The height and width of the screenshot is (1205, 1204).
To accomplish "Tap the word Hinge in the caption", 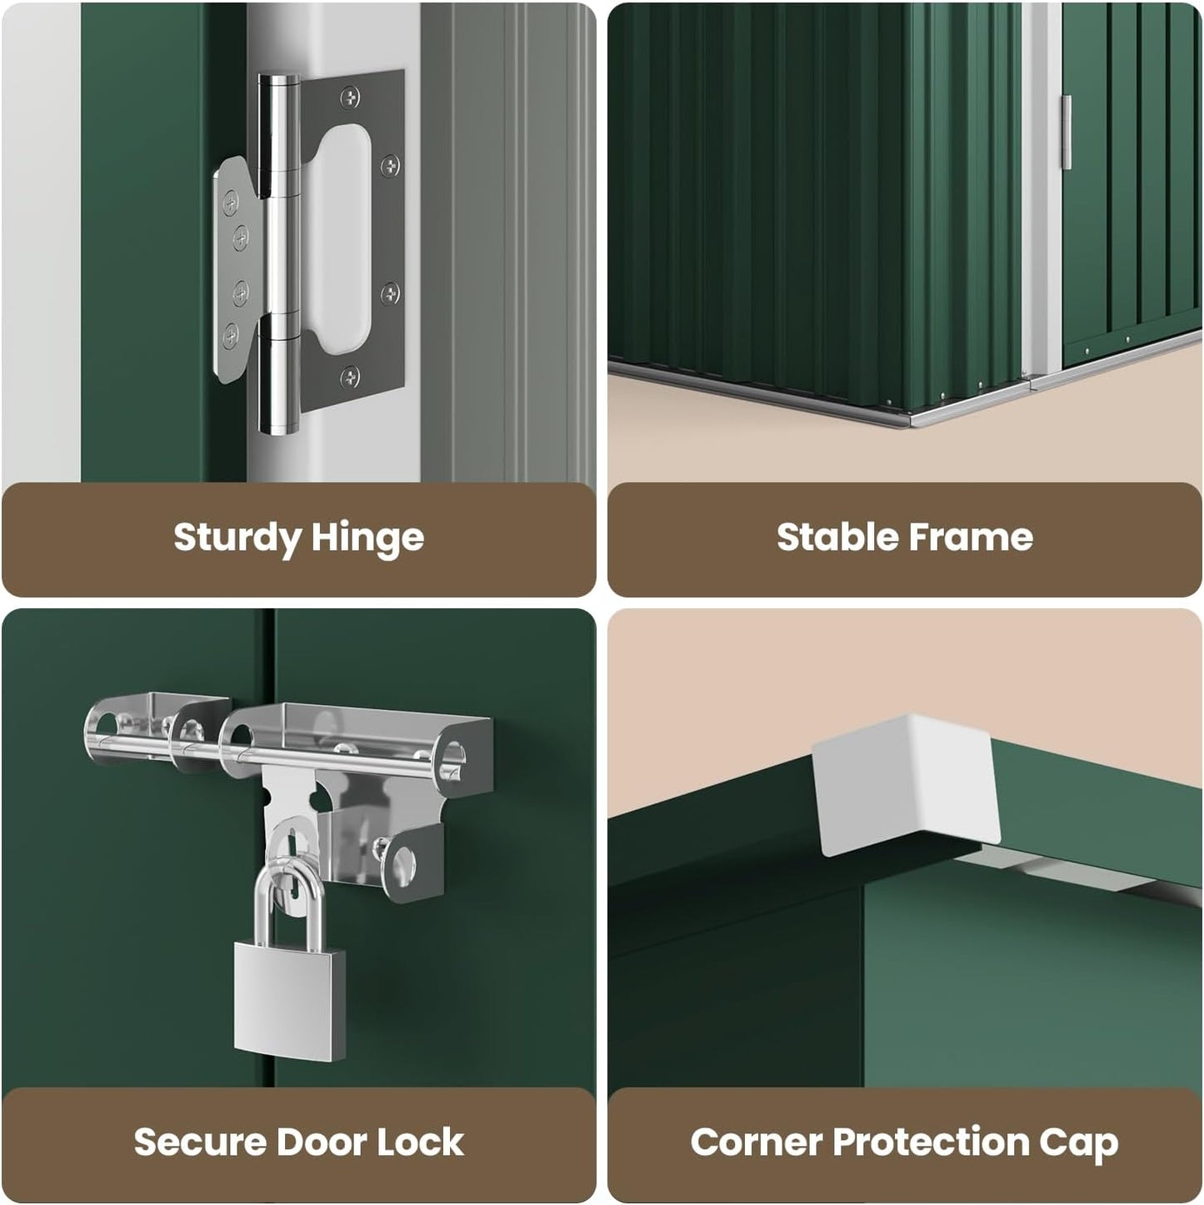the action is pos(367,537).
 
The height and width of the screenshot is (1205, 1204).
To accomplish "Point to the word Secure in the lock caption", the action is pos(200,1142).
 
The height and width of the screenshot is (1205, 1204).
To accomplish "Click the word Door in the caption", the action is pos(322,1142).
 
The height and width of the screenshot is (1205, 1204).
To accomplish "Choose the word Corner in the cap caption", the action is pos(756,1142).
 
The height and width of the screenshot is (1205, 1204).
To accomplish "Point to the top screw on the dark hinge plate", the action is pos(350,97).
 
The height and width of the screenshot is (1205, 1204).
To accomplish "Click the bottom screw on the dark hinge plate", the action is pos(350,377).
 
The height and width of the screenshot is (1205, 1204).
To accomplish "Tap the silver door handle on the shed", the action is pos(1067,132).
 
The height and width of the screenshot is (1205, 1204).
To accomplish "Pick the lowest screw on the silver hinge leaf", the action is pos(231,336).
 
